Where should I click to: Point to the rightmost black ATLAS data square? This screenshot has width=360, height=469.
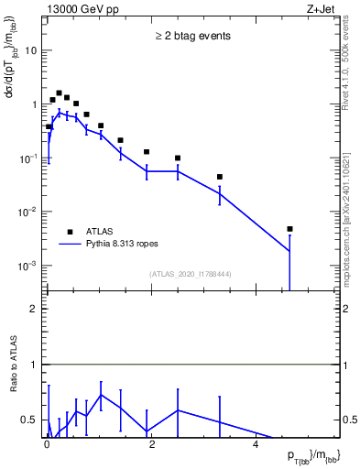(x=289, y=229)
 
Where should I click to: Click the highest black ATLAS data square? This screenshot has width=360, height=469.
(x=59, y=93)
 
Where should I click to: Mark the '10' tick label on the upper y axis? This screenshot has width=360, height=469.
(x=30, y=50)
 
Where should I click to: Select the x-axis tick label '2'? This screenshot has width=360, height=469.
(x=150, y=442)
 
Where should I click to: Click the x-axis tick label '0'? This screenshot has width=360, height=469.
(x=47, y=442)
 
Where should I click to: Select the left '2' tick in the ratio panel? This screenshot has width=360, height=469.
(x=34, y=309)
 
